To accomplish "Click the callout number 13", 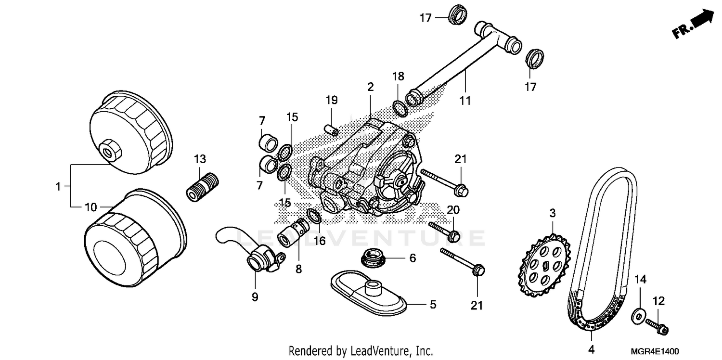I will tap(200, 159).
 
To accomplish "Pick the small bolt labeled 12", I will tap(657, 325).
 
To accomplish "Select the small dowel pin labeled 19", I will tap(331, 130).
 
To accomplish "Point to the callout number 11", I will tap(465, 101).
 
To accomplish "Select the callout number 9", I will tap(255, 297).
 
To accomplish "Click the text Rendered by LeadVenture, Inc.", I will tap(360, 351).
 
